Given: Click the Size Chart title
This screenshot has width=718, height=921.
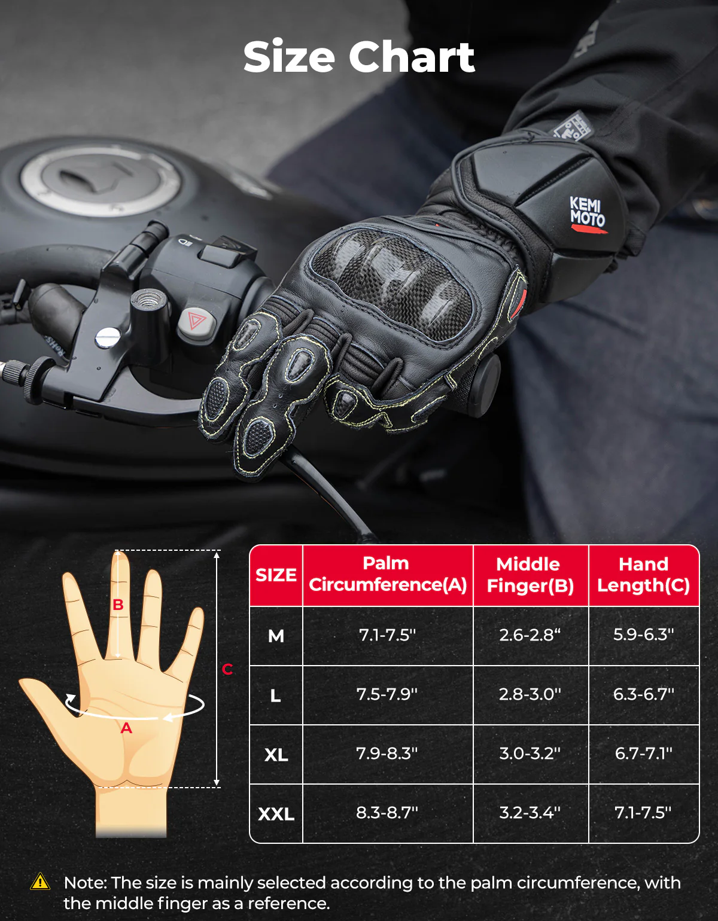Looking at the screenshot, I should (359, 57).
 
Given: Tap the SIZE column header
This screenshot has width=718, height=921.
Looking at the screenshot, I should (276, 575).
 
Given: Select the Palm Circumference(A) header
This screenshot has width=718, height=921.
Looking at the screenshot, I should (387, 574).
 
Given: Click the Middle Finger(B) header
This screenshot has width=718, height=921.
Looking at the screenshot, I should (530, 575).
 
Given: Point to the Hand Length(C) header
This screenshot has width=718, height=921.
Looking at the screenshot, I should (643, 575).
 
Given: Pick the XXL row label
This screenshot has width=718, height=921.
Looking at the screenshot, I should (276, 814).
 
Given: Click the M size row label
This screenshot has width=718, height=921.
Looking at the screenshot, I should (276, 636).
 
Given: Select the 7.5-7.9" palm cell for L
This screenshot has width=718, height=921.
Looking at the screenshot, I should (387, 694).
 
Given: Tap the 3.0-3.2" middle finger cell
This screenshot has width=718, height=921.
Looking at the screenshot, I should (530, 754).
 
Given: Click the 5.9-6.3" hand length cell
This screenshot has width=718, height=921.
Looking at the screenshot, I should (643, 635).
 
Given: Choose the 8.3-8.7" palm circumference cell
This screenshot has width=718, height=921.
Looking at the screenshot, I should (387, 813).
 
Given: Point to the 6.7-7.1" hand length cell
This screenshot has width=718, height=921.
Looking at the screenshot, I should (643, 754).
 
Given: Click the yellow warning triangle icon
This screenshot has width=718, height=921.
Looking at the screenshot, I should (40, 882).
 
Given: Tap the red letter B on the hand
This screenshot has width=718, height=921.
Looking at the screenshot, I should (118, 605).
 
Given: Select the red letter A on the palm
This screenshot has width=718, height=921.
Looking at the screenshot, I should (126, 728).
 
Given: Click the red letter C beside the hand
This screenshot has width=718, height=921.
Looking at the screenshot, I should (227, 669).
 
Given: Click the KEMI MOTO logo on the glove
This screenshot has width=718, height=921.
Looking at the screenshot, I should (587, 212).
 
